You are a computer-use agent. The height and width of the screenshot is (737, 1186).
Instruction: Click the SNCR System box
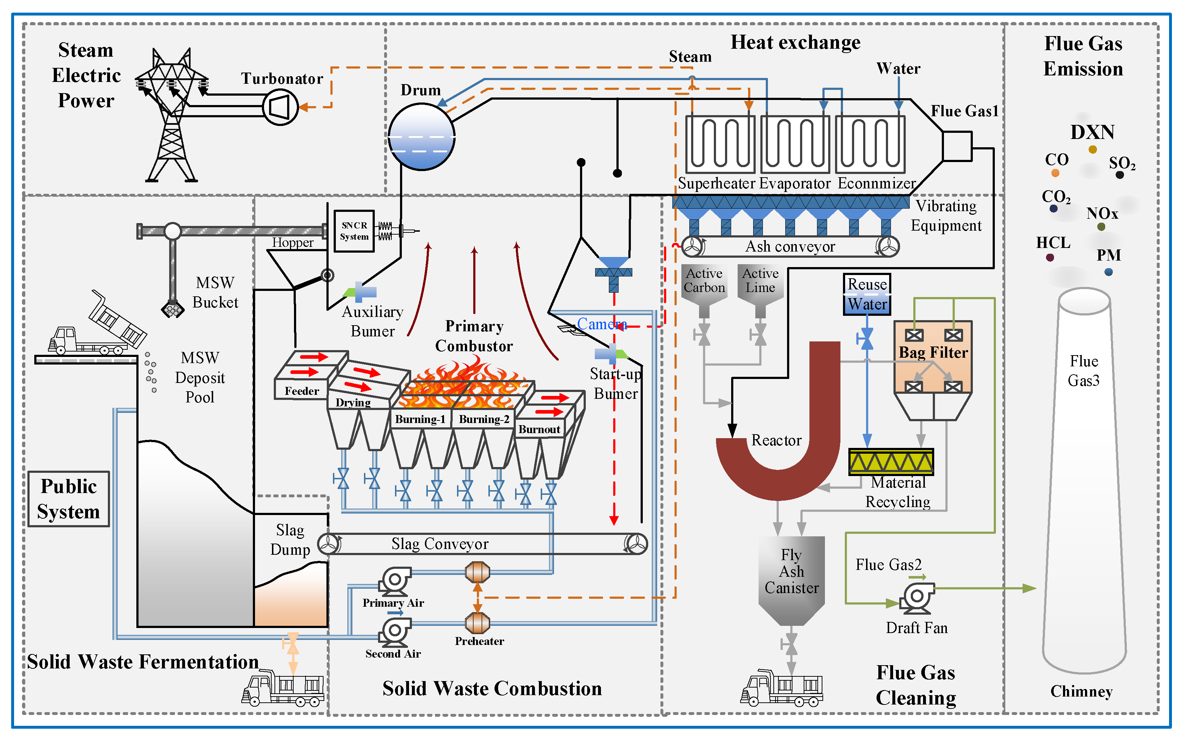[x=354, y=231]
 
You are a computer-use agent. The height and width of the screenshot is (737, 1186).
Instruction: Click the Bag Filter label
[x=933, y=352]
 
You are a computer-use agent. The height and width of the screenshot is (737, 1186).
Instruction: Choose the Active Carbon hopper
[x=704, y=288]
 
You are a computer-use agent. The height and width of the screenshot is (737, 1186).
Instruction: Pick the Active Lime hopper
[x=760, y=288]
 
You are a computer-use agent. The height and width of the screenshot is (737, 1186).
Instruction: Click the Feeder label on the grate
[x=302, y=391]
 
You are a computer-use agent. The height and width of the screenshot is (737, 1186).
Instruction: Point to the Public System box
[x=69, y=499]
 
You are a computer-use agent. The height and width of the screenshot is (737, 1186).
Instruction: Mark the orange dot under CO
[x=1055, y=173]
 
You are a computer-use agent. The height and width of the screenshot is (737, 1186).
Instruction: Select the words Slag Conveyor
[x=440, y=544]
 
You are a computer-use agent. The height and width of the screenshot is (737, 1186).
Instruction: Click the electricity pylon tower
[x=171, y=117]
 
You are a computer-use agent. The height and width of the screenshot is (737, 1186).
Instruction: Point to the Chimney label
[x=1081, y=691]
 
